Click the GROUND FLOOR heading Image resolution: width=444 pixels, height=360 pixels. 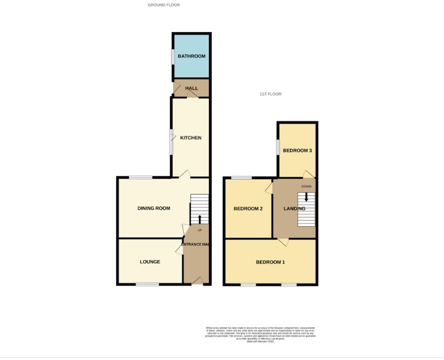(x=164, y=5)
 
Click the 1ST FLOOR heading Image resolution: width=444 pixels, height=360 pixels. (x=270, y=94)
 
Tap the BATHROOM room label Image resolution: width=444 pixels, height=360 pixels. (x=191, y=56)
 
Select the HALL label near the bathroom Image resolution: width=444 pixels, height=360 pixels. (x=191, y=88)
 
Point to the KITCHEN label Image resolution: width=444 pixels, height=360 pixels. (x=191, y=138)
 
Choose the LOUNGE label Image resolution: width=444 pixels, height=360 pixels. (x=150, y=262)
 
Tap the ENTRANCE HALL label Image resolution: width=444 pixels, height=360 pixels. (x=196, y=244)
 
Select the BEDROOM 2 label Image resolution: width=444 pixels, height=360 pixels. (x=248, y=209)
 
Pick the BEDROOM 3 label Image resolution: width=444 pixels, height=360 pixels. (x=297, y=151)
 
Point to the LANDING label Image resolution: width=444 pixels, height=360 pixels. (x=294, y=209)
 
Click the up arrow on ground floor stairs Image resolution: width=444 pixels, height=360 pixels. (x=200, y=219)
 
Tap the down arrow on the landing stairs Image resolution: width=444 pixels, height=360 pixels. (x=307, y=197)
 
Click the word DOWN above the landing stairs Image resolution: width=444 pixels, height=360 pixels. (x=306, y=186)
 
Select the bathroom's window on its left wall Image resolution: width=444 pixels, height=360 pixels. (x=172, y=56)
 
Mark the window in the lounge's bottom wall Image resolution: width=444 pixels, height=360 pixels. (x=148, y=284)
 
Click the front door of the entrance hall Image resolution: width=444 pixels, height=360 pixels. (x=197, y=282)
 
